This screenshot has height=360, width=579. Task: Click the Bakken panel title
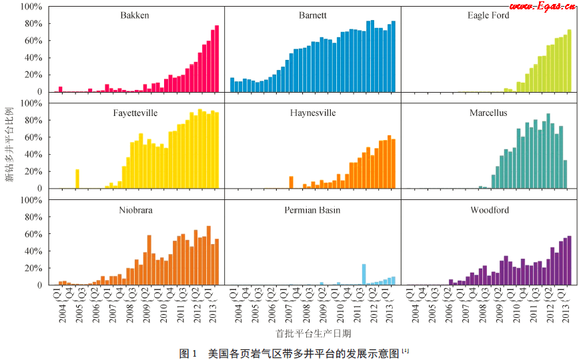pos(135,15)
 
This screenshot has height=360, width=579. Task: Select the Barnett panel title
pos(313,15)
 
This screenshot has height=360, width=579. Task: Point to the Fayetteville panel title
pos(135,113)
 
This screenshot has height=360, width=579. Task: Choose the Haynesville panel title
pos(313,113)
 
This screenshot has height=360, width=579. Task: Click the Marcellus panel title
pos(488,113)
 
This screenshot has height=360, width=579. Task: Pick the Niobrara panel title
pos(135,210)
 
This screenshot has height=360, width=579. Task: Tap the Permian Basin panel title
pos(313,210)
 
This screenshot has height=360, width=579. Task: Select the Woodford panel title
pos(489,210)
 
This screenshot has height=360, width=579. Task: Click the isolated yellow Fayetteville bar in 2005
pos(77,179)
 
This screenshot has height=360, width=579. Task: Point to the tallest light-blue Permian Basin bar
pos(364,274)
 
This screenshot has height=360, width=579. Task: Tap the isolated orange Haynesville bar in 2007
pos(292,182)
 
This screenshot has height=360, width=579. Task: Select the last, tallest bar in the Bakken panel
pos(217,59)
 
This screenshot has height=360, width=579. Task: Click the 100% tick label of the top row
pos(31,6)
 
